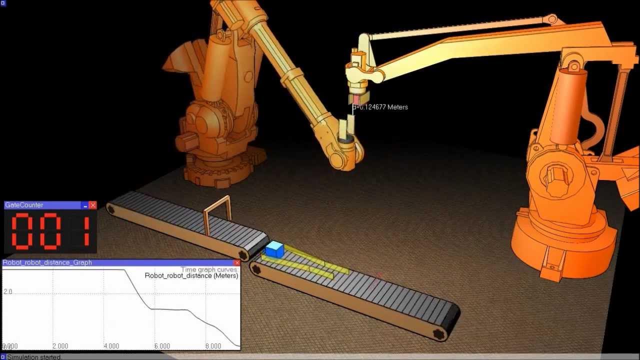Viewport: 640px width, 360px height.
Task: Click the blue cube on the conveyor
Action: click(x=274, y=249)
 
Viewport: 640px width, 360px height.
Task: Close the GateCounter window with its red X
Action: click(x=92, y=205)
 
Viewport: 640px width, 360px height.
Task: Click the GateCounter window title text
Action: click(x=24, y=205)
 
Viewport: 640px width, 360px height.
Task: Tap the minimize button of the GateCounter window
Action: click(x=85, y=205)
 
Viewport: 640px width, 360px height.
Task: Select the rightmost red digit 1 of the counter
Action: click(x=85, y=231)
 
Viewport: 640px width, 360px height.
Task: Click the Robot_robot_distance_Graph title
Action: click(x=47, y=262)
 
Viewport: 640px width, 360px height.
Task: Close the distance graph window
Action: click(x=237, y=262)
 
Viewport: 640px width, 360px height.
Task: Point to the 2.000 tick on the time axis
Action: click(x=60, y=346)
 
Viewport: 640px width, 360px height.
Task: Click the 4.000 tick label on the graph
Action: click(x=111, y=346)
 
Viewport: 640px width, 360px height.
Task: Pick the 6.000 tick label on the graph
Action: click(x=162, y=346)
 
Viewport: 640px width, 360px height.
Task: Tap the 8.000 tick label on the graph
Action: click(x=213, y=346)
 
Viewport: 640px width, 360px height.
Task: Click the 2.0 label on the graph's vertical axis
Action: click(x=8, y=291)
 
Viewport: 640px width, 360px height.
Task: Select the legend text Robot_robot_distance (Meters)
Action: click(x=191, y=275)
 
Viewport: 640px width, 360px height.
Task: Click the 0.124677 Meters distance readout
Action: click(x=382, y=107)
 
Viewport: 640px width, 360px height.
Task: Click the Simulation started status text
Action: click(x=33, y=357)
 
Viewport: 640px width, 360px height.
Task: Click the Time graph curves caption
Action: click(x=209, y=269)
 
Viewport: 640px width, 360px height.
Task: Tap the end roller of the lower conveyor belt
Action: click(x=440, y=332)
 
